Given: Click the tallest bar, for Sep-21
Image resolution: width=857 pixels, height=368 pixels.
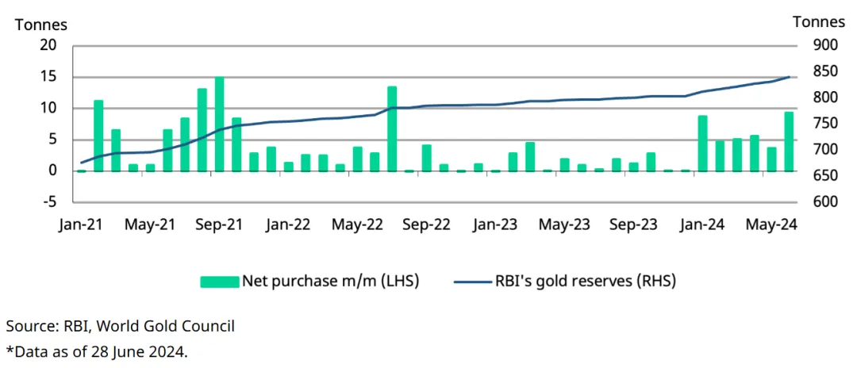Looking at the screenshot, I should (x=219, y=124).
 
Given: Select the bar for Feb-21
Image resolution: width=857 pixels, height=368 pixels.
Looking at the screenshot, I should (x=98, y=136).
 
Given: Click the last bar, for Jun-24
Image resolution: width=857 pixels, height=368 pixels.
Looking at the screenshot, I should (x=789, y=141).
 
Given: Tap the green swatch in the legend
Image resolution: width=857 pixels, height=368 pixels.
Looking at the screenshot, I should (x=219, y=281).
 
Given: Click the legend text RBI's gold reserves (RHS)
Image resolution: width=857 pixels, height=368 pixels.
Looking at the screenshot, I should (x=586, y=281).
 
